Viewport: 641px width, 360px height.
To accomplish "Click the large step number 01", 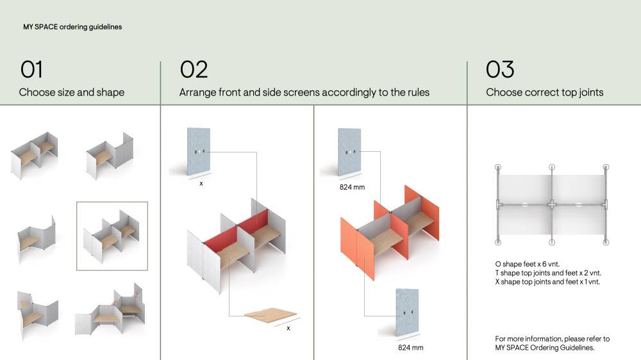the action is (x=31, y=69).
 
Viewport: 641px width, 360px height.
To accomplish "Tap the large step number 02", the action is (x=194, y=69).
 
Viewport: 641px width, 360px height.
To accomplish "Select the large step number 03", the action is (x=500, y=69).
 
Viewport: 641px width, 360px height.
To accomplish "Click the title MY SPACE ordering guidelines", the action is (x=72, y=27).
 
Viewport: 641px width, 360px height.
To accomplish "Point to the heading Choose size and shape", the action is (x=72, y=92).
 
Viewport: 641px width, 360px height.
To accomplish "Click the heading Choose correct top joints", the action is (x=544, y=92).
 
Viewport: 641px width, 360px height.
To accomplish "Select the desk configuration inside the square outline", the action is (x=112, y=236).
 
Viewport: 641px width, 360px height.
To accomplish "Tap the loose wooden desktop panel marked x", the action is (x=271, y=315).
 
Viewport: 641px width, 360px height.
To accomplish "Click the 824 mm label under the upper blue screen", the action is (x=352, y=187).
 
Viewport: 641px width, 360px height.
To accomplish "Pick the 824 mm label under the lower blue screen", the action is (x=410, y=348).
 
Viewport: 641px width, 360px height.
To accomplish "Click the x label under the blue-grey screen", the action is (x=201, y=184).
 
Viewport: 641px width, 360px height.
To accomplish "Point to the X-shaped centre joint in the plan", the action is (x=552, y=204).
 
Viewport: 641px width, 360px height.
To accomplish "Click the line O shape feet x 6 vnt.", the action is (x=528, y=264).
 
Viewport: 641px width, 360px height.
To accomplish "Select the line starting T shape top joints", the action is (x=548, y=273).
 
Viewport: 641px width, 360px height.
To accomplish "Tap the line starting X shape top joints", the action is (x=547, y=282).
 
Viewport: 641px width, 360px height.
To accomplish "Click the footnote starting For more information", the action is (x=553, y=343).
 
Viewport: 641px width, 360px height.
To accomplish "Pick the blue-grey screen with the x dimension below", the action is (x=199, y=152).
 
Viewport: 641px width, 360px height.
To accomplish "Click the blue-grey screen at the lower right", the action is (x=408, y=313).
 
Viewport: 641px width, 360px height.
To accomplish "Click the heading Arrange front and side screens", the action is (x=304, y=92).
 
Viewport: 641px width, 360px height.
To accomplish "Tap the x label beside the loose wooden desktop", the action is (x=288, y=328).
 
